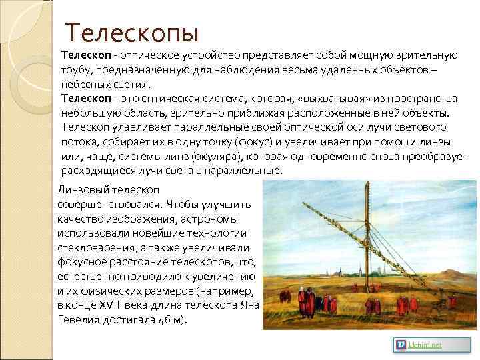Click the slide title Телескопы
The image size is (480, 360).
(x=133, y=32)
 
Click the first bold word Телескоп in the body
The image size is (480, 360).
(x=85, y=54)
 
